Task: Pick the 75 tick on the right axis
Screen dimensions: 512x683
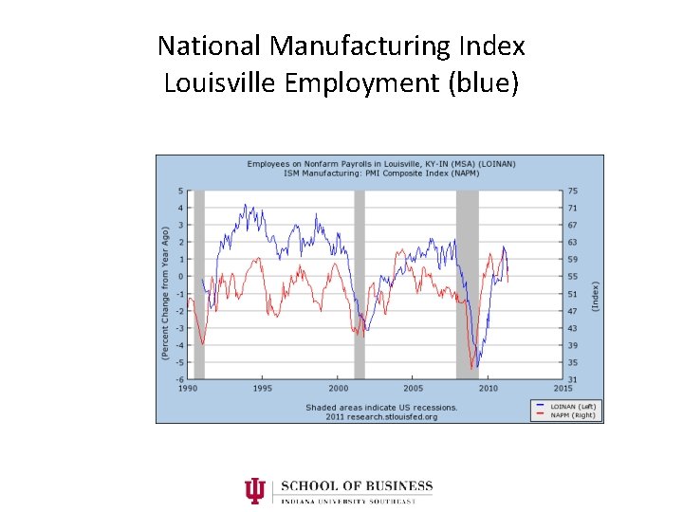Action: [x=573, y=192]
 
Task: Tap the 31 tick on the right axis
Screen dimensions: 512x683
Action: [x=573, y=379]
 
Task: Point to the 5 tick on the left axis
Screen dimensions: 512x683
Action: [x=179, y=192]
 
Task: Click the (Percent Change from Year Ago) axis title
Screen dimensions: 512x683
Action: [x=165, y=292]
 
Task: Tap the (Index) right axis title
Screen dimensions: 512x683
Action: [x=596, y=295]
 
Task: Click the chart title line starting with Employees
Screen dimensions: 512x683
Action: [x=381, y=164]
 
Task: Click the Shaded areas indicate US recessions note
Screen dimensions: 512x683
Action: [x=381, y=408]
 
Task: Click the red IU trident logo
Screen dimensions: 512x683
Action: [x=254, y=491]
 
